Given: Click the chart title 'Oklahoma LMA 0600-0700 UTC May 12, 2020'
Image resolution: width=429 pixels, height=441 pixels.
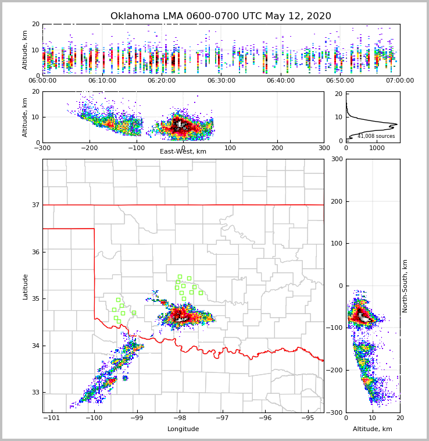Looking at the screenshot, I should (220, 16).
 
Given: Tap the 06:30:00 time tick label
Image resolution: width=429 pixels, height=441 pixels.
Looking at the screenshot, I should (221, 81).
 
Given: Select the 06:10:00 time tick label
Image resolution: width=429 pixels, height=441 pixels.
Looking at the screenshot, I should (102, 81).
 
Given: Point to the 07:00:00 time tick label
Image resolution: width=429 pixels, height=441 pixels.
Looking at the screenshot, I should (399, 81).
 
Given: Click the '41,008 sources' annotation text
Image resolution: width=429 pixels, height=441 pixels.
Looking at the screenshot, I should (376, 136).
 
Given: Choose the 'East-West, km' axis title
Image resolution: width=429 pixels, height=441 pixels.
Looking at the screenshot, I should (183, 152).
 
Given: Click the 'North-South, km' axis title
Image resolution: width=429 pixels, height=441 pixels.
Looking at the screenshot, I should (405, 286).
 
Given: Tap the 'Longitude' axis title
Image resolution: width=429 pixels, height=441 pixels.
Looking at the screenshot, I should (183, 429).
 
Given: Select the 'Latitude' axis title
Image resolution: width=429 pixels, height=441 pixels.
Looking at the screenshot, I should (26, 286).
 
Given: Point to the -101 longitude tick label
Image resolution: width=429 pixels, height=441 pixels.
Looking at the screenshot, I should (52, 418).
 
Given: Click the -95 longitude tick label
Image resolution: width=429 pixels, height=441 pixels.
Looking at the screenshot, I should (308, 418).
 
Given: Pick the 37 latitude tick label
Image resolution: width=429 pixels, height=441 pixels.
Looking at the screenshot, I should (35, 205).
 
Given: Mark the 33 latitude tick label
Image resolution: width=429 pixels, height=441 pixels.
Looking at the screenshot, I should (35, 393).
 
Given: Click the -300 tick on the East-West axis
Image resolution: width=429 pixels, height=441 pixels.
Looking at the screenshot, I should (42, 148).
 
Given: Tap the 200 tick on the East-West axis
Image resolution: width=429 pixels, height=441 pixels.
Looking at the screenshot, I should (277, 148).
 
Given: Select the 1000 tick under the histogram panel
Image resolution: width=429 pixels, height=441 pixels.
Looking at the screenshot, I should (377, 148).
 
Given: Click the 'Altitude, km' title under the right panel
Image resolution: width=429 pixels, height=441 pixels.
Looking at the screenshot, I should (373, 429).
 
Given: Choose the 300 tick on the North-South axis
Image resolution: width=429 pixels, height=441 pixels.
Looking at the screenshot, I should (335, 159).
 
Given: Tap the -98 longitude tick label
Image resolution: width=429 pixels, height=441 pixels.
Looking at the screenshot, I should (180, 418).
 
